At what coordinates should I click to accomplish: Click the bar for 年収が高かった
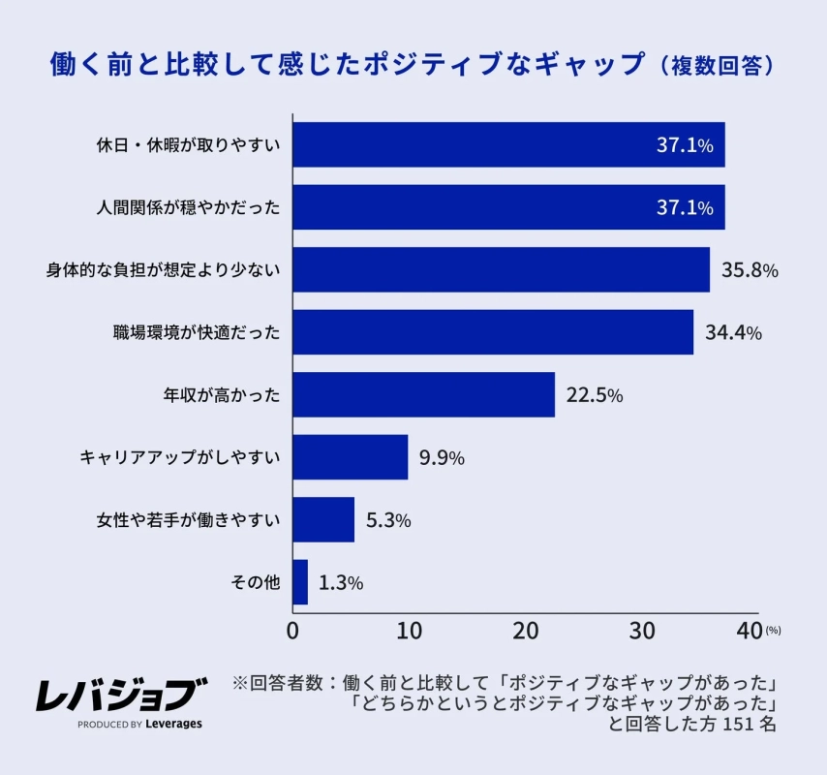[x=423, y=394]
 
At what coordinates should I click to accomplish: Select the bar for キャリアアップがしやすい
[x=350, y=457]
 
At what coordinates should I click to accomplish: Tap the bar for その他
[x=300, y=582]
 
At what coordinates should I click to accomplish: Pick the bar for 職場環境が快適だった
[x=492, y=332]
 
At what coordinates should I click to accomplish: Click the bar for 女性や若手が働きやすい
[x=323, y=519]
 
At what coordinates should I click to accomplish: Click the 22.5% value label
[x=594, y=395]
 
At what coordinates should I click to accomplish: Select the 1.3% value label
[x=340, y=582]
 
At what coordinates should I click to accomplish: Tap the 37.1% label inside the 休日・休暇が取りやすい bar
[x=685, y=145]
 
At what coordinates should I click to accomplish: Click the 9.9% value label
[x=442, y=457]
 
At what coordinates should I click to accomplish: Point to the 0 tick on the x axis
[x=292, y=631]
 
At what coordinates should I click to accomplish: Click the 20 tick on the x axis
[x=525, y=631]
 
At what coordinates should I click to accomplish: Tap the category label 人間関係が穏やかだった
[x=188, y=208]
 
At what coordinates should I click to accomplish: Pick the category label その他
[x=256, y=582]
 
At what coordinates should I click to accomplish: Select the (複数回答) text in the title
[x=716, y=65]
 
